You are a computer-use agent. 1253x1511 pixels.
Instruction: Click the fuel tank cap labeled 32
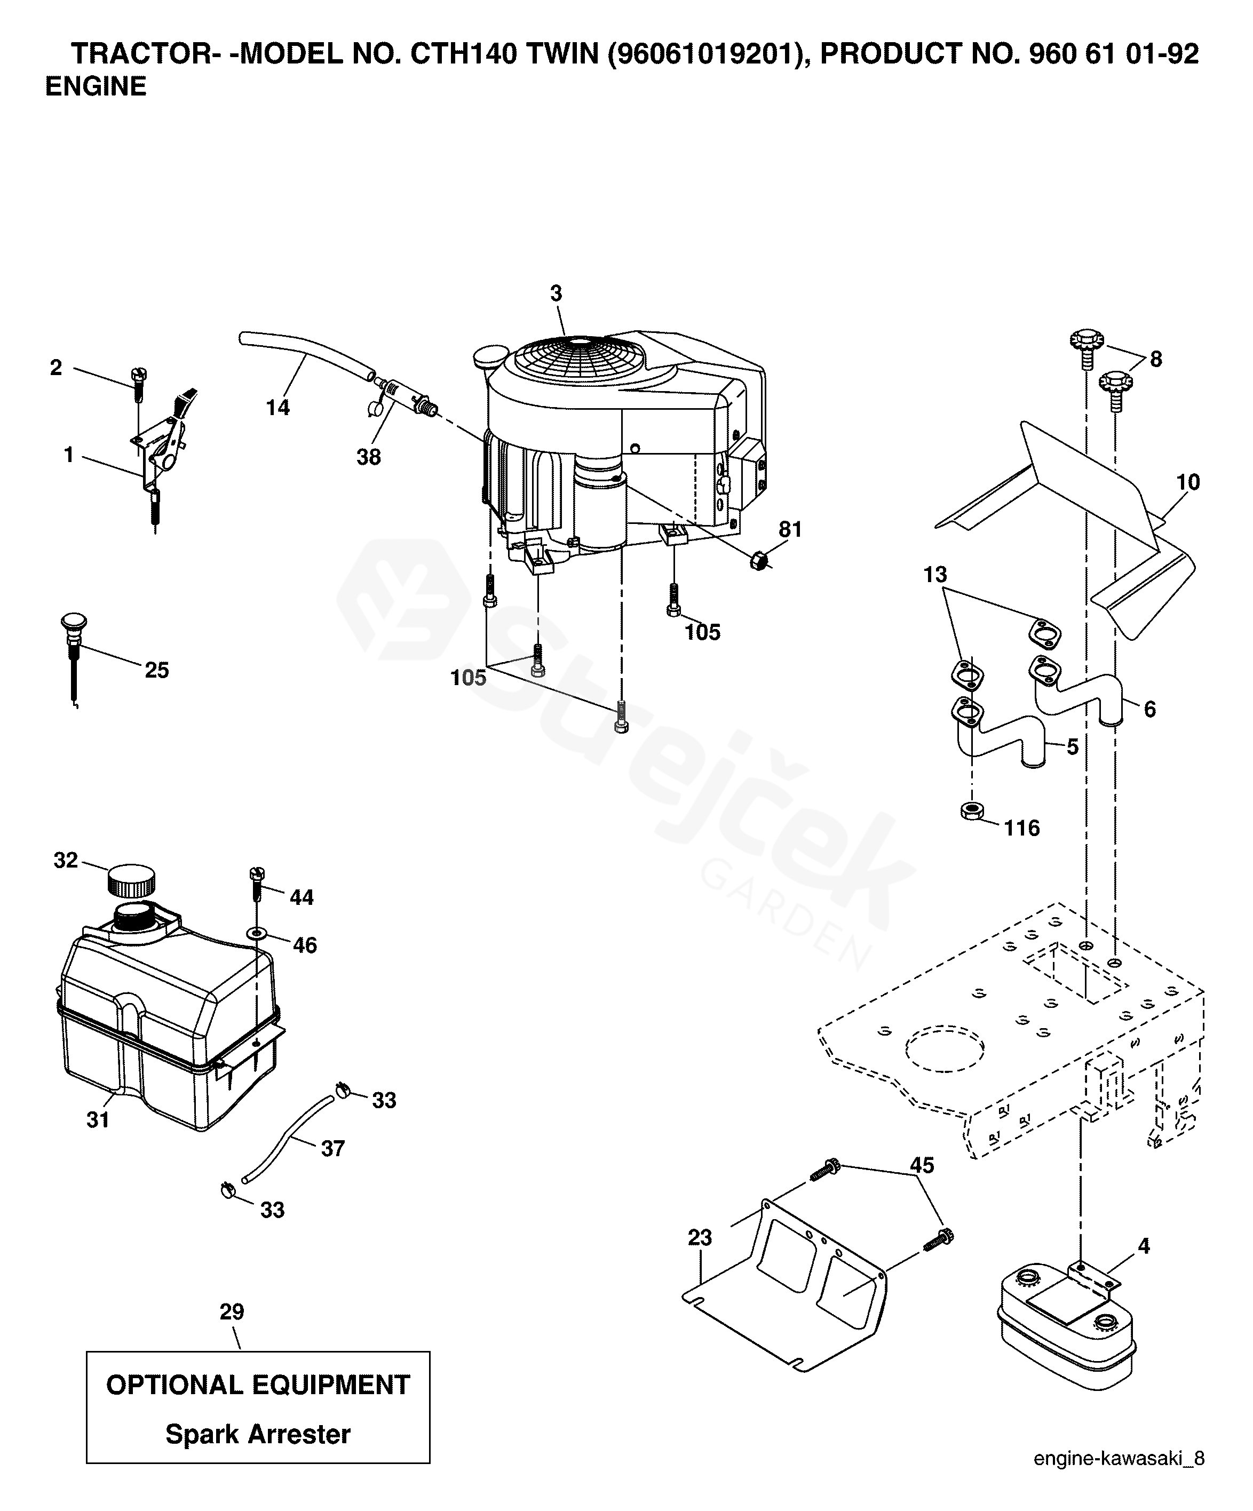(x=130, y=879)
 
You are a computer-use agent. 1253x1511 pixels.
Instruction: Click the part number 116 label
(x=1022, y=828)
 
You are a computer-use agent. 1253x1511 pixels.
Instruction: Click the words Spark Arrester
(x=258, y=1434)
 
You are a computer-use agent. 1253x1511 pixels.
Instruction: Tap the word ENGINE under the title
(x=96, y=86)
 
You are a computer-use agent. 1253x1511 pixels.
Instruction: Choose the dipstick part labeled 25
(x=74, y=648)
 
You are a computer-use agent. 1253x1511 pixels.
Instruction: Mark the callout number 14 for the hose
(x=278, y=407)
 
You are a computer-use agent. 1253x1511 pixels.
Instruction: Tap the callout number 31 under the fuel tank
(x=98, y=1119)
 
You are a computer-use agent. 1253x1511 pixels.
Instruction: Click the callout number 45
(x=922, y=1165)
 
